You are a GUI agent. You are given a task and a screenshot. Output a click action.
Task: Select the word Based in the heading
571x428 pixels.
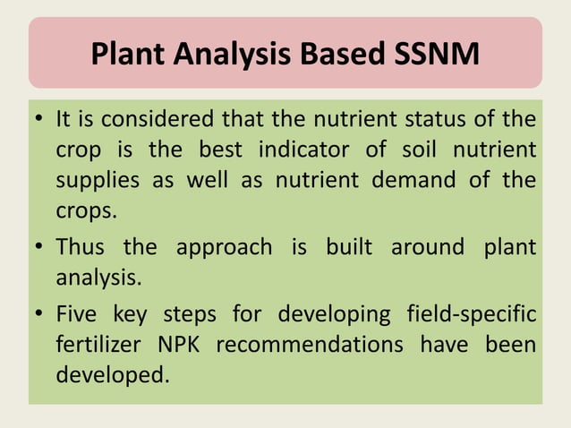tap(341, 55)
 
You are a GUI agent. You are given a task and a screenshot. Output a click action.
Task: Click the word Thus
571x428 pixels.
tap(82, 247)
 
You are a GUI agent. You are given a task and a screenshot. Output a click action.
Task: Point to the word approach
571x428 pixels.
tap(224, 247)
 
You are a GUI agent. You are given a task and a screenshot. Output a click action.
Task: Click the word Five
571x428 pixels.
tap(81, 314)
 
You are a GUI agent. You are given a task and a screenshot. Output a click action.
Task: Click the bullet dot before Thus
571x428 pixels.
tap(41, 248)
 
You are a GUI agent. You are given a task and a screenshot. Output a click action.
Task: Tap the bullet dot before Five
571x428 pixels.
tap(41, 315)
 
